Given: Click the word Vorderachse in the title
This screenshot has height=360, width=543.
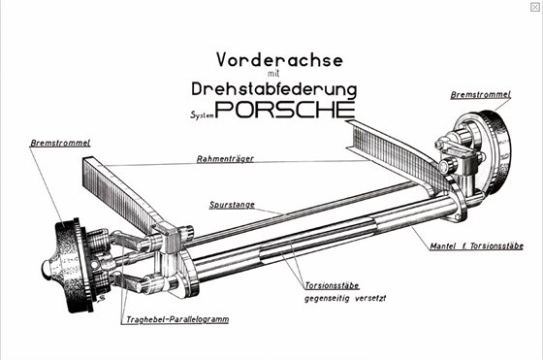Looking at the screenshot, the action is click(x=280, y=59).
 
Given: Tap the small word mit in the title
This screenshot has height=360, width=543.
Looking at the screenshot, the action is click(x=273, y=74).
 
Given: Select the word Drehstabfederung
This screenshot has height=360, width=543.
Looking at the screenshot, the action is click(x=273, y=89).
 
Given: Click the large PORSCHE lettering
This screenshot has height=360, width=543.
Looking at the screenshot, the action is click(x=285, y=110).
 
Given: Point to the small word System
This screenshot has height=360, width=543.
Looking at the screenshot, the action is click(x=202, y=115).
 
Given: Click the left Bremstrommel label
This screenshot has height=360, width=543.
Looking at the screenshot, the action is click(x=60, y=143).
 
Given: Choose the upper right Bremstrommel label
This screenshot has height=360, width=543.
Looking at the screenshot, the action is click(x=480, y=94).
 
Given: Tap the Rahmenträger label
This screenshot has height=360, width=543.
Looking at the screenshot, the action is click(x=225, y=159).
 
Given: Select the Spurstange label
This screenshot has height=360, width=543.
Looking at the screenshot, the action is click(x=232, y=205).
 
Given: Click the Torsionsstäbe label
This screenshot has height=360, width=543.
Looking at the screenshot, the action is click(x=332, y=286).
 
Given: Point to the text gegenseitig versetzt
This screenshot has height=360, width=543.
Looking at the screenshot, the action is click(x=345, y=298).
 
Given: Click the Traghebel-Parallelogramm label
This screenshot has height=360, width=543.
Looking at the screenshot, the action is click(x=177, y=319).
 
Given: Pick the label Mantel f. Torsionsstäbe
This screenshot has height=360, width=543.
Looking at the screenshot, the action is click(x=476, y=246).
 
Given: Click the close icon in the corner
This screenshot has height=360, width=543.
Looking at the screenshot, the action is click(x=534, y=7).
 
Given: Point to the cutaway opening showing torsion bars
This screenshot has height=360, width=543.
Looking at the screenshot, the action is click(x=317, y=239).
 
